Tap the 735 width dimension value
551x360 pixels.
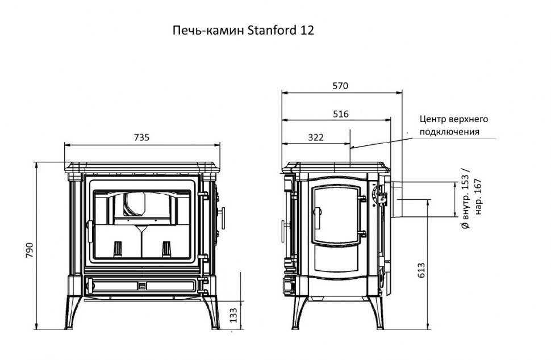[141, 137]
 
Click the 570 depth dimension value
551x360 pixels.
[340, 86]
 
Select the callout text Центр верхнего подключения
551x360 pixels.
[453, 125]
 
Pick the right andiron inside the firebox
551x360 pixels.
[166, 248]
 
